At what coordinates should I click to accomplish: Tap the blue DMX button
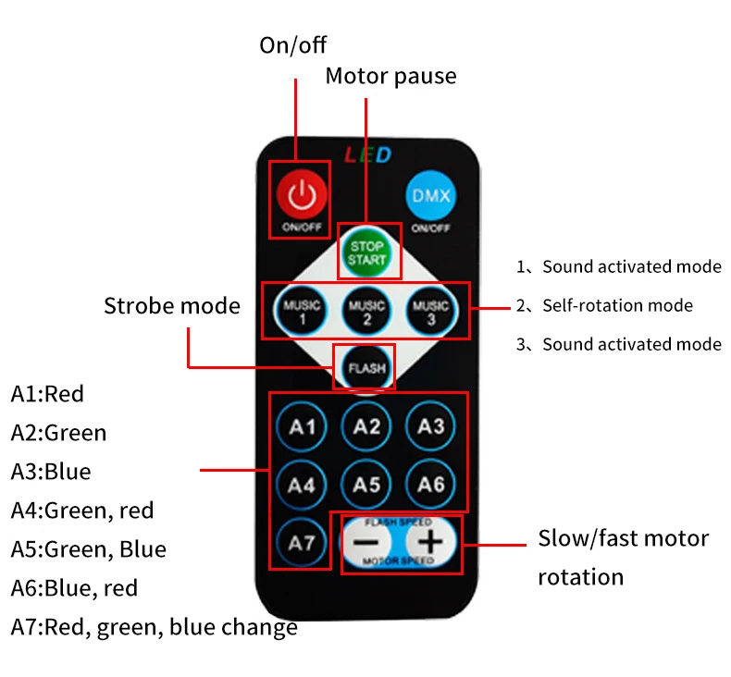pos(430,195)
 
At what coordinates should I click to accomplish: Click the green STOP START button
pos(366,252)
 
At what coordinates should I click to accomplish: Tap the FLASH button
pos(366,368)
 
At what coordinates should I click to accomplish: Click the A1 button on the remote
pos(303,426)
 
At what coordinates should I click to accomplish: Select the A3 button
pos(430,426)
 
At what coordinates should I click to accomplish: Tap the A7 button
pos(303,543)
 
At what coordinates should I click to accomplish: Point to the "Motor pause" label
pos(390,76)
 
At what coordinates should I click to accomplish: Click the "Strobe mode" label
pos(171,306)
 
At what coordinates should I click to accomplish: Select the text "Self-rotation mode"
pos(617,305)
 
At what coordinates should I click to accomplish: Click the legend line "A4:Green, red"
pos(82,510)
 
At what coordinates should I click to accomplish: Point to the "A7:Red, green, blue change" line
pos(155,627)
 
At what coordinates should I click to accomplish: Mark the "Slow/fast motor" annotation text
pos(623,538)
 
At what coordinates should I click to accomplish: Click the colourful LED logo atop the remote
pos(367,154)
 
